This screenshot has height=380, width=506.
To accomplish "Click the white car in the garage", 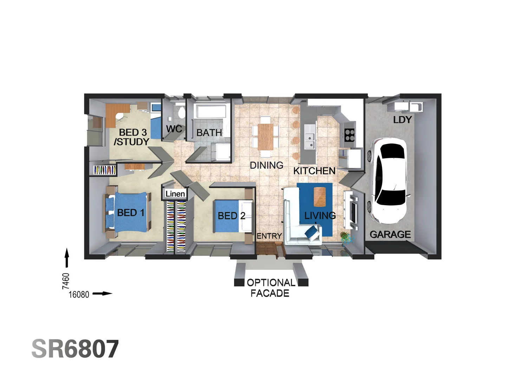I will click(x=388, y=180).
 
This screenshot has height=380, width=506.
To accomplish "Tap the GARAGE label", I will click(x=390, y=234).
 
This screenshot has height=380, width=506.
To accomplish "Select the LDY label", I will click(x=402, y=120).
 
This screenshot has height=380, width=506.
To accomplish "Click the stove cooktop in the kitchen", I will click(x=349, y=135).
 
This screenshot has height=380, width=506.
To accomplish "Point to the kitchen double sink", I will click(x=310, y=141).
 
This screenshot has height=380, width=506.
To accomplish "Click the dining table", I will click(x=265, y=137).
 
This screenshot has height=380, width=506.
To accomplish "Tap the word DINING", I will click(x=266, y=165).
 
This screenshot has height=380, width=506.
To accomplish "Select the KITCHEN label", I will click(x=314, y=171).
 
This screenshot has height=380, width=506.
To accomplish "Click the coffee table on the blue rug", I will click(x=319, y=197).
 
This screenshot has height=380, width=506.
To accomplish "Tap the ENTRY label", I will click(x=269, y=236).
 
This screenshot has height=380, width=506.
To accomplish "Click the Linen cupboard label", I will click(x=175, y=194).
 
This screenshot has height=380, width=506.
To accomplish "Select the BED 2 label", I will click(x=231, y=216).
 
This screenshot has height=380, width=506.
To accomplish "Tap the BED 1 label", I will click(x=130, y=213).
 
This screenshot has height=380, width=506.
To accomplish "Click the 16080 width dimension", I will click(x=79, y=294).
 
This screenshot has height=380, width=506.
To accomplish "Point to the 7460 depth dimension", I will click(x=66, y=281).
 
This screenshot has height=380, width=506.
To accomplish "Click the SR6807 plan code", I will click(x=75, y=349).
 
